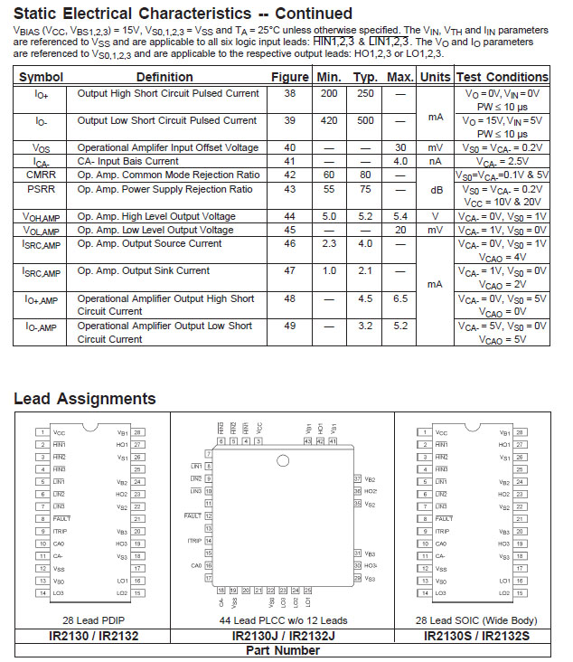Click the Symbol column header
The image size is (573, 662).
[41, 77]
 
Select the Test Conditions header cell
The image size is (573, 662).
[503, 77]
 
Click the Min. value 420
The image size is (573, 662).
[329, 120]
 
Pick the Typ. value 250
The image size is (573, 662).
[365, 93]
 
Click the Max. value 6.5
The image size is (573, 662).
[399, 298]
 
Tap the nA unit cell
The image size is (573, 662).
[435, 161]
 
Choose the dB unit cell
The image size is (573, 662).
[435, 189]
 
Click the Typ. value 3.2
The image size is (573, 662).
[365, 326]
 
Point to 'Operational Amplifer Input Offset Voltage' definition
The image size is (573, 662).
[168, 147]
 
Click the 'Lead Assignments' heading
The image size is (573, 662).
[85, 399]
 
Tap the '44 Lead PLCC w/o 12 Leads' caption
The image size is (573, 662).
[283, 620]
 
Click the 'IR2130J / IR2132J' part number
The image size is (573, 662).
[283, 636]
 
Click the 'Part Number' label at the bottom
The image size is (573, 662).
[283, 650]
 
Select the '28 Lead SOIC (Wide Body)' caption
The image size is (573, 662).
[476, 620]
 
